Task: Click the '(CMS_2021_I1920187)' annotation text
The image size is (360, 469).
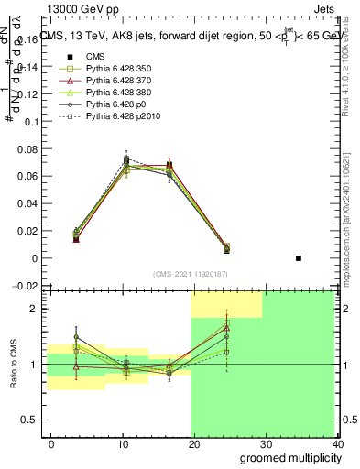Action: click(x=191, y=274)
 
